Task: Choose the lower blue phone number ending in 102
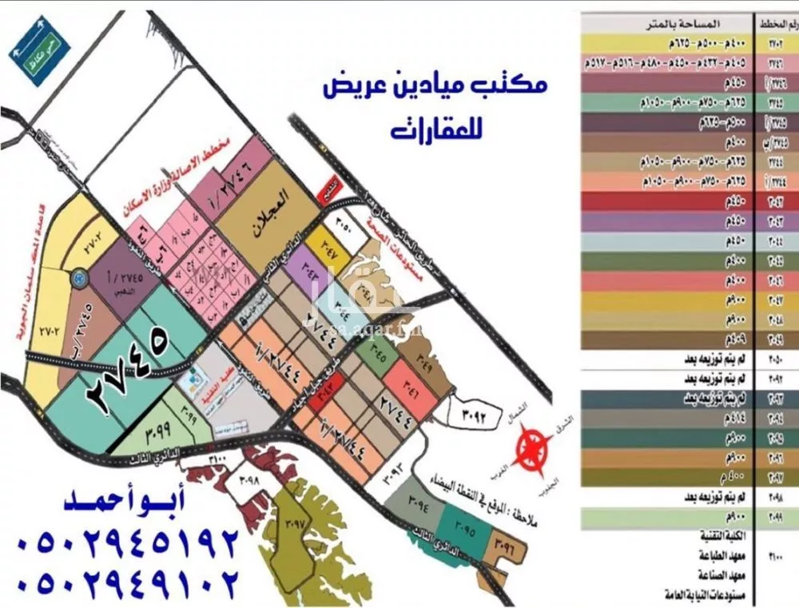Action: click(128, 579)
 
